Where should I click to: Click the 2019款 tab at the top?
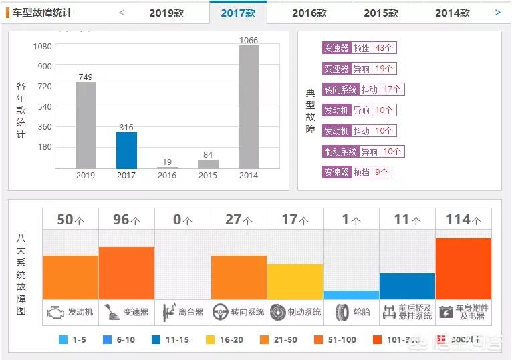click(166, 13)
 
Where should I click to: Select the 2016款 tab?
click(309, 13)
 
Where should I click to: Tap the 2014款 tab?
click(453, 13)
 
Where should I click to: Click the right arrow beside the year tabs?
click(497, 12)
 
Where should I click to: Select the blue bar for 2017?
click(126, 150)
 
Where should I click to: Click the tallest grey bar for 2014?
click(249, 107)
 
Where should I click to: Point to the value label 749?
click(86, 77)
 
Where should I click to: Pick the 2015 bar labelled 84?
click(208, 164)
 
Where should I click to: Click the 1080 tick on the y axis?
click(43, 46)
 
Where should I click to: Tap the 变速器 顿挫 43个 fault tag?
click(359, 48)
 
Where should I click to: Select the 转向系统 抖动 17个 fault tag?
click(363, 89)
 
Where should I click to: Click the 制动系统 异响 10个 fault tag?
click(363, 152)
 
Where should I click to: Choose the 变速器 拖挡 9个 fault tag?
click(357, 172)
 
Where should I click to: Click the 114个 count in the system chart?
click(463, 220)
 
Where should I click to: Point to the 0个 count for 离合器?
click(182, 220)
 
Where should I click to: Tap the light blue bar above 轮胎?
click(351, 295)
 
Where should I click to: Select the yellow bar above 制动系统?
click(295, 281)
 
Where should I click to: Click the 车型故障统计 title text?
click(42, 13)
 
